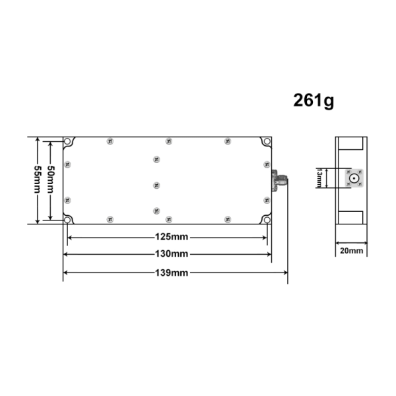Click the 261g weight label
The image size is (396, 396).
point(313,100)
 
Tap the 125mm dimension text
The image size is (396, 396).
point(172,237)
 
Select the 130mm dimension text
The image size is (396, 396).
point(172,253)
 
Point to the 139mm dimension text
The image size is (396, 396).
point(172,273)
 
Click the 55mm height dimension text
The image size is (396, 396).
point(37,180)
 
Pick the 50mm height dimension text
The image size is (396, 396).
point(51,180)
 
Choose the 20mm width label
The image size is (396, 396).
point(351,251)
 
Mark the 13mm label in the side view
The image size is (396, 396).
point(319,178)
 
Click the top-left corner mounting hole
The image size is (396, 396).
point(67,141)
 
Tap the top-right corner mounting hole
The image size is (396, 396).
point(267,141)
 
